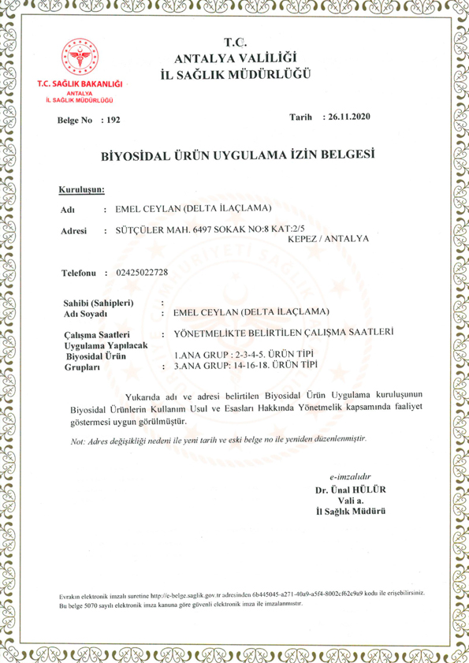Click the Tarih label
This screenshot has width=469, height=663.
pos(303,117)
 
